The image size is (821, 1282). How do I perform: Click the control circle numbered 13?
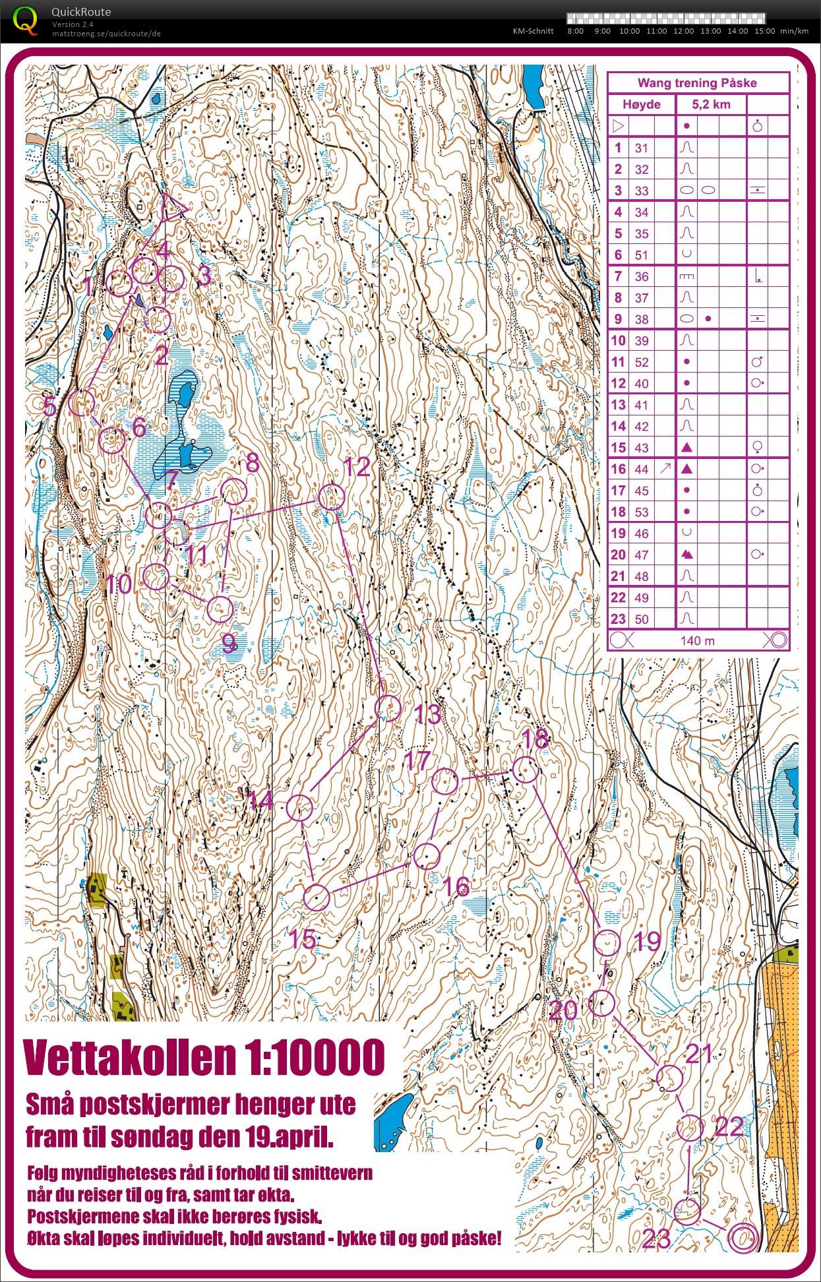388,708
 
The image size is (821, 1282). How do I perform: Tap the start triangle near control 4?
173,207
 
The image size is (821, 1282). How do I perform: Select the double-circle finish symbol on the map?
743,1237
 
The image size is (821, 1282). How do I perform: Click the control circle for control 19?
607,943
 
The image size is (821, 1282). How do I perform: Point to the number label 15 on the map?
303,939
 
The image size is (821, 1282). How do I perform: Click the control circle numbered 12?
331,497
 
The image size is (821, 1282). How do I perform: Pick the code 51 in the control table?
641,255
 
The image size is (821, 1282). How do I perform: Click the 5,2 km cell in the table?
710,104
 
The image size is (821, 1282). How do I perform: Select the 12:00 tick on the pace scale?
683,31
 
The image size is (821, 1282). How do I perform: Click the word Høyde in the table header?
641,104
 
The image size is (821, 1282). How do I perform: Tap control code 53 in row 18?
641,512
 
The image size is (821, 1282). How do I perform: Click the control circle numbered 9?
220,609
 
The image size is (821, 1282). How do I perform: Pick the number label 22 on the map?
729,1127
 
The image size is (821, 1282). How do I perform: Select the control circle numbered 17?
444,781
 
